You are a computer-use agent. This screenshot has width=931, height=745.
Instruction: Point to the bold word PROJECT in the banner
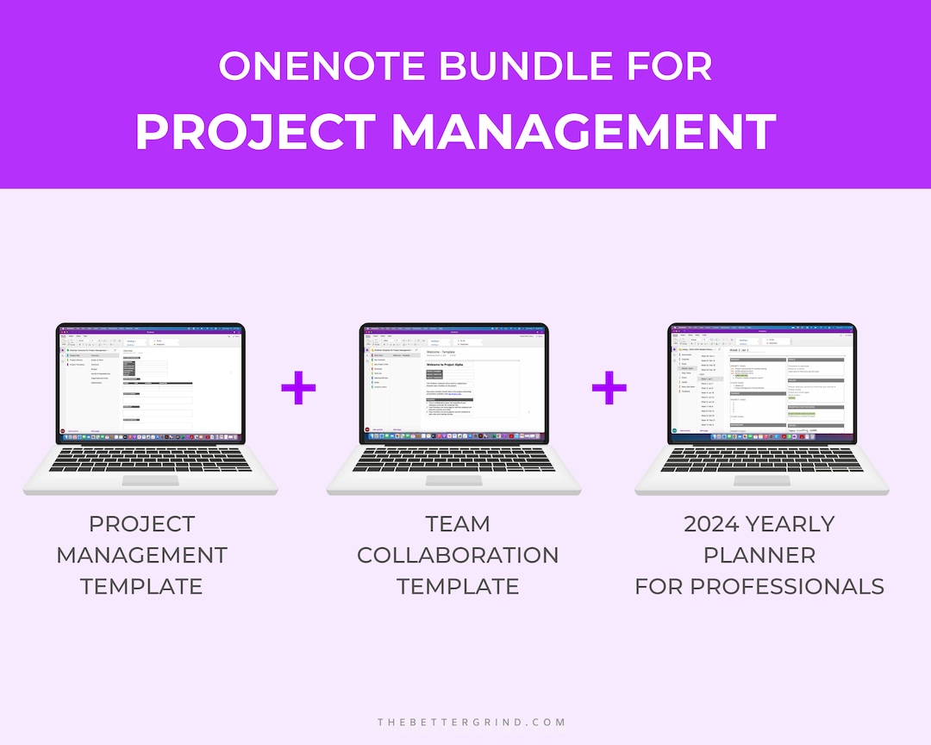(x=254, y=132)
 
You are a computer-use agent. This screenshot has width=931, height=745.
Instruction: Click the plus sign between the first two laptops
(x=298, y=389)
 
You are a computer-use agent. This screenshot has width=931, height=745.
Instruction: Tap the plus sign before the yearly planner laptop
(x=609, y=389)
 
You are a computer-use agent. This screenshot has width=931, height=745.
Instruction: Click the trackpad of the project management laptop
(x=153, y=480)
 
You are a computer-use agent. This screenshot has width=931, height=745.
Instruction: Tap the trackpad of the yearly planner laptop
(x=763, y=480)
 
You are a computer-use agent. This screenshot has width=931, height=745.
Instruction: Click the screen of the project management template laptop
(x=151, y=379)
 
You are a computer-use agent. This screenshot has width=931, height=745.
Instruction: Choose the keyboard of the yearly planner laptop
(x=763, y=459)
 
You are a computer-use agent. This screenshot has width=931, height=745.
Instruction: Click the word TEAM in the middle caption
(x=458, y=524)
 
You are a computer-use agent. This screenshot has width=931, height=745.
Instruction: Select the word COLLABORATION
(x=458, y=555)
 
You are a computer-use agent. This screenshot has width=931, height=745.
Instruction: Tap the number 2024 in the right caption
(x=712, y=524)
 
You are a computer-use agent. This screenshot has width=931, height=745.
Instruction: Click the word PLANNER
(x=759, y=555)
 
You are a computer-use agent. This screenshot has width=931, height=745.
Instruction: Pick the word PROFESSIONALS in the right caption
(x=789, y=586)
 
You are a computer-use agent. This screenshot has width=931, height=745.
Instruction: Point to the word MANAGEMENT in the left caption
(x=142, y=555)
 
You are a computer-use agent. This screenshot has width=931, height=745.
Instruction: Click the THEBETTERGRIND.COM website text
(x=472, y=722)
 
